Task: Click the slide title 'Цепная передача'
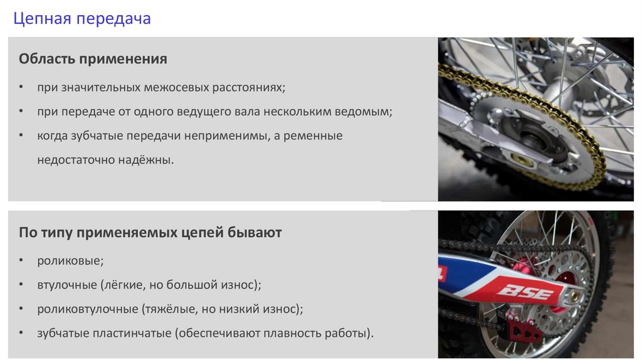[x=82, y=19]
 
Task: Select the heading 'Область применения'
[x=93, y=60]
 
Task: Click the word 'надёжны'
[x=148, y=159]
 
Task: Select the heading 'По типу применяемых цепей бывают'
[x=150, y=233]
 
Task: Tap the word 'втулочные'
[x=66, y=285]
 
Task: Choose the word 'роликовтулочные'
[x=88, y=309]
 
